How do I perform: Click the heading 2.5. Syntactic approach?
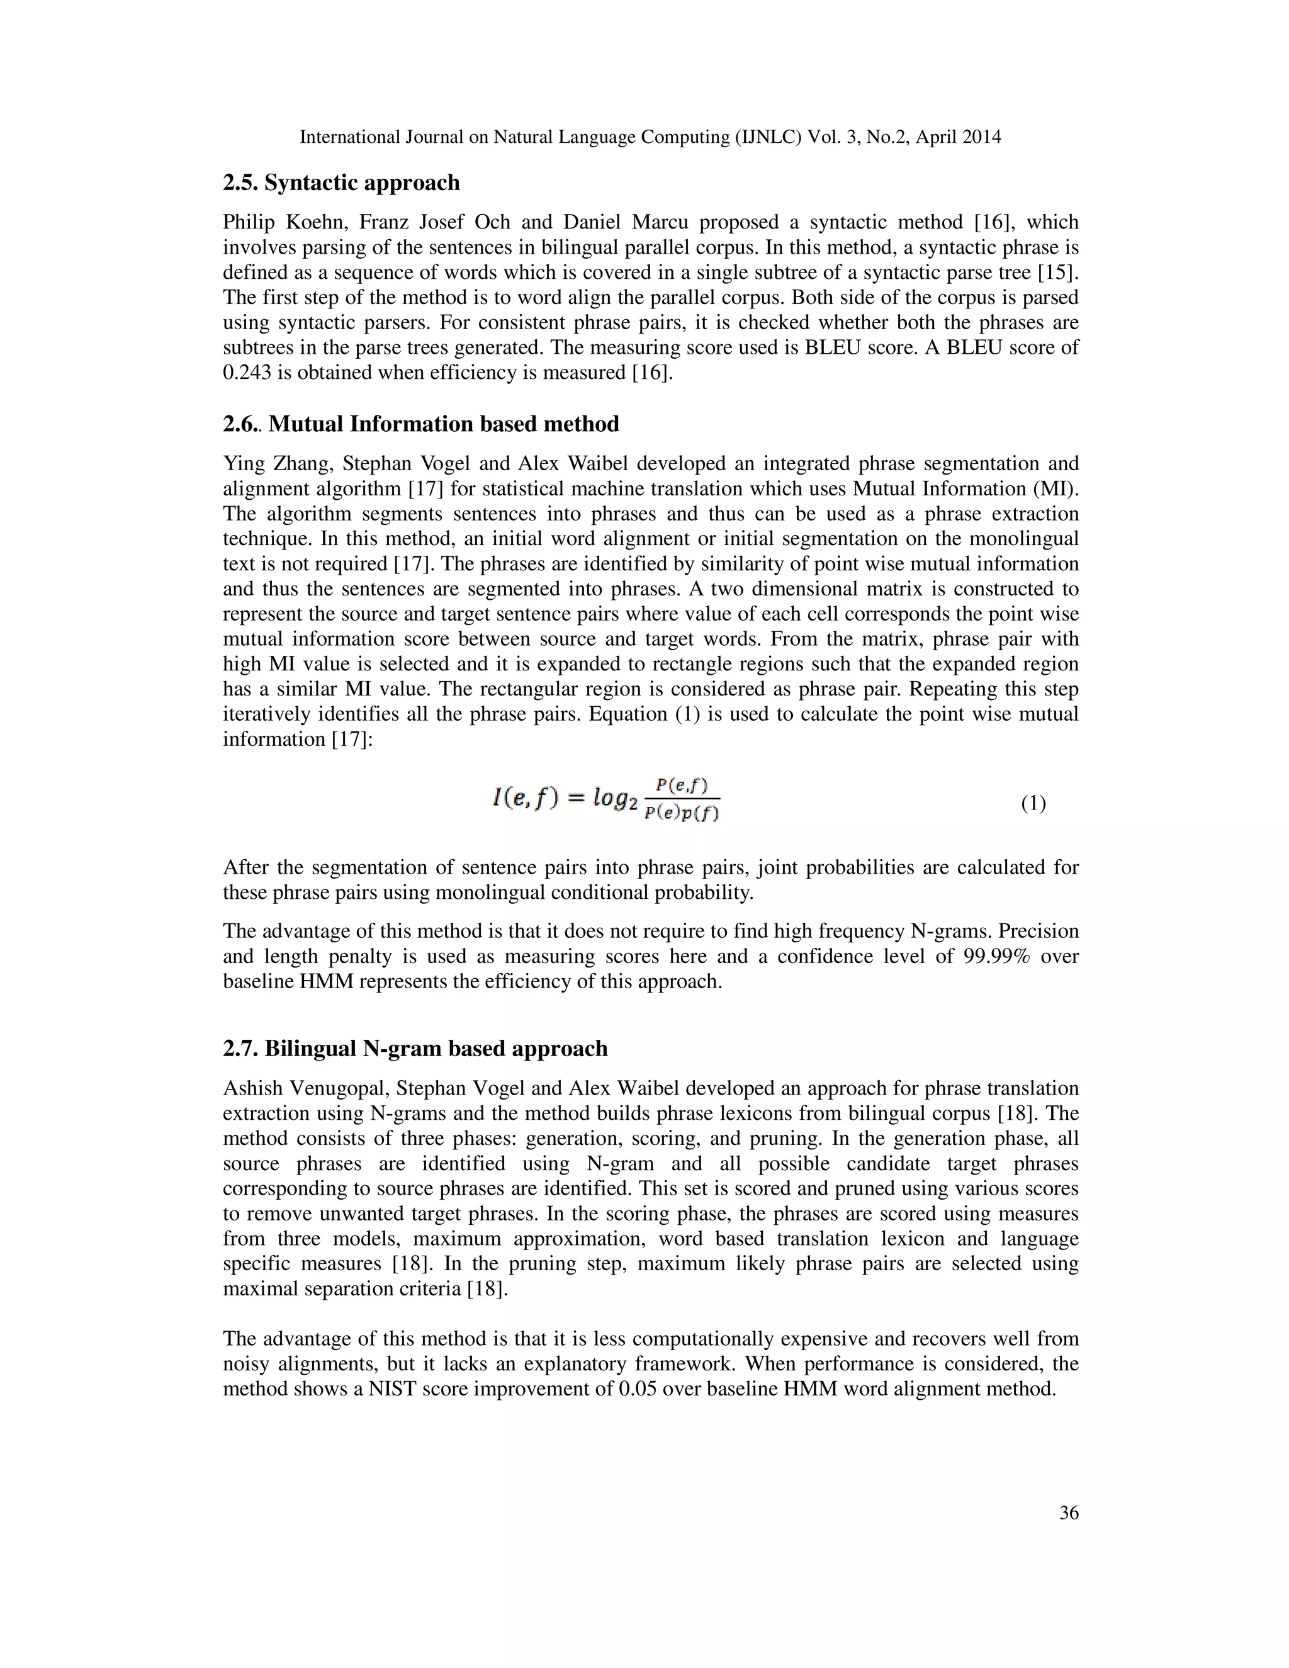point(341,183)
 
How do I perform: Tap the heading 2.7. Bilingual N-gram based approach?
point(415,1049)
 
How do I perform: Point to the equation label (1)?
point(1033,803)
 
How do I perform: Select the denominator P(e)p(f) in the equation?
point(682,813)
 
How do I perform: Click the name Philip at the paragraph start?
point(248,222)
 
